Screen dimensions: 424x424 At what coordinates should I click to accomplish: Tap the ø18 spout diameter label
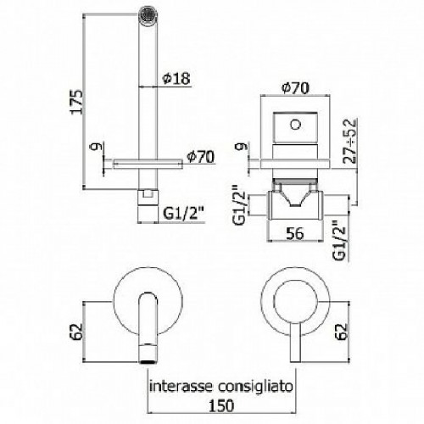point(176,80)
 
